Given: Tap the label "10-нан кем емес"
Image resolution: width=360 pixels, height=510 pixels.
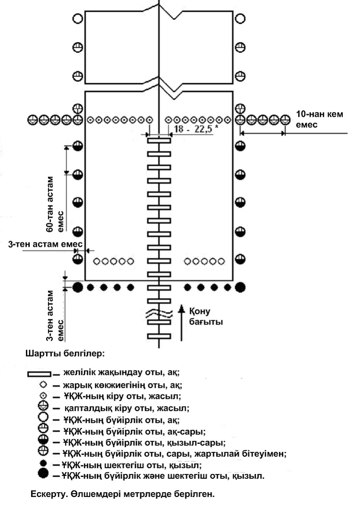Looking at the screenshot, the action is coord(319,119).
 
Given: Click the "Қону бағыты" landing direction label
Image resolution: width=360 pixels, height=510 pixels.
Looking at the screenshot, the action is coord(206,316).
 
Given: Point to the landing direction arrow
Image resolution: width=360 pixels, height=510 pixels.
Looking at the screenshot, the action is coord(181,323).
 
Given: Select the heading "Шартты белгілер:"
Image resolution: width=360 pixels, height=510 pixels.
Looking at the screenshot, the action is coord(65,353).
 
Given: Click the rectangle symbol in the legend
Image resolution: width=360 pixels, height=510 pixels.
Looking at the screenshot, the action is coord(39,374).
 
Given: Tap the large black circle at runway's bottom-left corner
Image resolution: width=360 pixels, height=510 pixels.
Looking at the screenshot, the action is coord(77,287).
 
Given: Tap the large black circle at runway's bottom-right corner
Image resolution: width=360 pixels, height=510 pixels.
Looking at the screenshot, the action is coord(240,287).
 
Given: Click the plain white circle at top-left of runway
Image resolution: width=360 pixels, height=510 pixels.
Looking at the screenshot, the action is coord(77,19).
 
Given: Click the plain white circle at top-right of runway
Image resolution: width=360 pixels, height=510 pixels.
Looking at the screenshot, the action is coord(240,19).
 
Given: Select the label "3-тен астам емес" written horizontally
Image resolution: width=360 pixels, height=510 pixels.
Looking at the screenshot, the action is coord(45,244).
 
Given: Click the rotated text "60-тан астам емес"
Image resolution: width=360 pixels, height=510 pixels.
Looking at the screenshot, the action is coord(55,204).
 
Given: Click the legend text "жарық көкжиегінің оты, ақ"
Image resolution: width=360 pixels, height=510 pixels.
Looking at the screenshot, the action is coord(122,385).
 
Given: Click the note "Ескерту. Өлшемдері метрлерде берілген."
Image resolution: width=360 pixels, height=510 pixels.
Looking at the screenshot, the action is coord(123,494).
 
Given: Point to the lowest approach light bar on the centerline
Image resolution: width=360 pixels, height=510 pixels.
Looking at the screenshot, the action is coord(159,336).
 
